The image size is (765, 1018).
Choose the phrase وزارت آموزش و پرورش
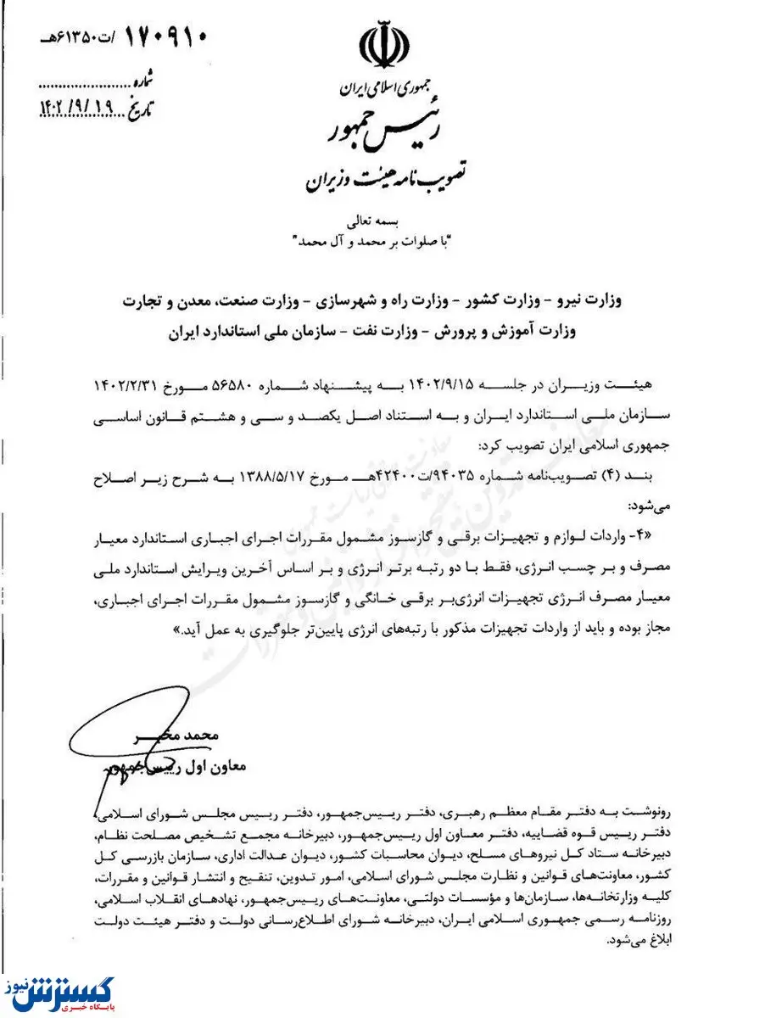[x=628, y=332]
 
